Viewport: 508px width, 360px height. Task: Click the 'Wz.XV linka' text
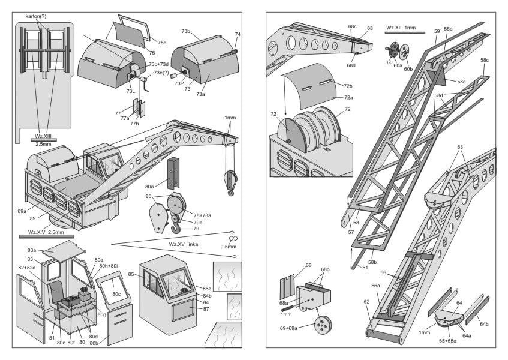tap(184, 244)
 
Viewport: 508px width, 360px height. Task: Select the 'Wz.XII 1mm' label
tap(401, 28)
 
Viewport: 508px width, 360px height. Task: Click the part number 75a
tap(162, 43)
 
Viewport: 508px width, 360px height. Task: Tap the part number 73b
tap(186, 31)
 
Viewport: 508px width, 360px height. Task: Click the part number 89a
tap(22, 211)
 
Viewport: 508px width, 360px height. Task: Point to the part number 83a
tap(31, 250)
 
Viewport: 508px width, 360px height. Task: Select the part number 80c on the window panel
tap(116, 294)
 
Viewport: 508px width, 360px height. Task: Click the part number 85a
tap(207, 289)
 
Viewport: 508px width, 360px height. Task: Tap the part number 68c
tap(353, 26)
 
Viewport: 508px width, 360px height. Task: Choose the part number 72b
tap(348, 86)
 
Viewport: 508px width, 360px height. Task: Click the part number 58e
tap(461, 81)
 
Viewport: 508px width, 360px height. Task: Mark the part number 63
tap(460, 147)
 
